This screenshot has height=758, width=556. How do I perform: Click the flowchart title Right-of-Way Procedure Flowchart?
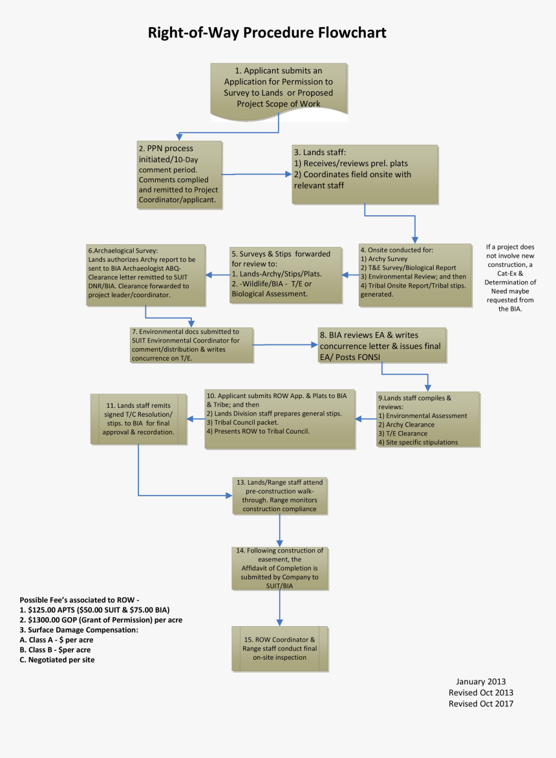click(x=267, y=32)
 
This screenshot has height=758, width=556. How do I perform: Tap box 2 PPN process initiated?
click(x=180, y=175)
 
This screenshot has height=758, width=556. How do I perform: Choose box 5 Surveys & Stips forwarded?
click(x=285, y=274)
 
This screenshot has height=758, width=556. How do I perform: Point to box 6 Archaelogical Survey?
click(x=145, y=274)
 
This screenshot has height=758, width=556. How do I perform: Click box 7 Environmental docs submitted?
click(x=191, y=344)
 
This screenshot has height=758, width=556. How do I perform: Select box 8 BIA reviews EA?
click(x=380, y=346)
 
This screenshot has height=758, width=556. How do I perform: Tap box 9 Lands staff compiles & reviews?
click(x=427, y=419)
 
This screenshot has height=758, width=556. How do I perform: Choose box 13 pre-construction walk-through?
click(x=280, y=496)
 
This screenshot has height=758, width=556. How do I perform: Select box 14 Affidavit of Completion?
click(x=279, y=568)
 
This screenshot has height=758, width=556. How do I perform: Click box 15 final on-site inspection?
click(x=279, y=648)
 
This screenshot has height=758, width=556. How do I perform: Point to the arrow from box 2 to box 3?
click(x=257, y=174)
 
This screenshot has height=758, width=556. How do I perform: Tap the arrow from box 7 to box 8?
click(x=284, y=345)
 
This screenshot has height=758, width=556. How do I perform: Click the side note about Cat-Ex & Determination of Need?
click(x=511, y=278)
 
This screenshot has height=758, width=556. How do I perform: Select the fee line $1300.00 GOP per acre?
click(x=101, y=620)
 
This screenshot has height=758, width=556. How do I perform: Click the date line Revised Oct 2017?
click(x=480, y=704)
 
